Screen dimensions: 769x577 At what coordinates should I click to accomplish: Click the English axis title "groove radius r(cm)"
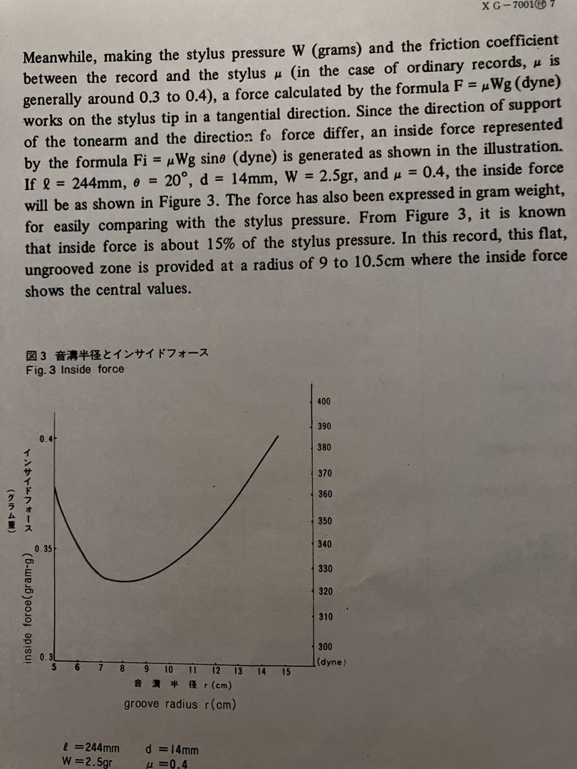(x=180, y=704)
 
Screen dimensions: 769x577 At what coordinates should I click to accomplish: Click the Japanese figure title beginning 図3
(x=117, y=355)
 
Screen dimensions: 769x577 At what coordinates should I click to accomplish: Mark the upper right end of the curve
(x=279, y=435)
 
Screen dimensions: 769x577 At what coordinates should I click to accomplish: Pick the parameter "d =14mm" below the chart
(x=172, y=748)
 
